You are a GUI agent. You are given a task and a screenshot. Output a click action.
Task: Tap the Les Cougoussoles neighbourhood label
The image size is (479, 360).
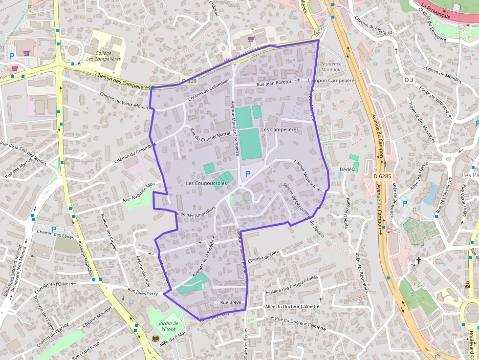tap(206, 183)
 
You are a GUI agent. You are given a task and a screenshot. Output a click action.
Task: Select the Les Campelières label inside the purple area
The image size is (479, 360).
tap(280, 129)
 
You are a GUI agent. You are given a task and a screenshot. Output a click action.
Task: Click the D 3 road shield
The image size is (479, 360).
tap(409, 79)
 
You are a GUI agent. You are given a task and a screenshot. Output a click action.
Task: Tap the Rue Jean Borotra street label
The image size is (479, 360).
tap(274, 83)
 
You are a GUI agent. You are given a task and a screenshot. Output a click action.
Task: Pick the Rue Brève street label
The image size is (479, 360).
tap(231, 303)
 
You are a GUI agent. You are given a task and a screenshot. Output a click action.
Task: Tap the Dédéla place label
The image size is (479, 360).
tap(348, 169)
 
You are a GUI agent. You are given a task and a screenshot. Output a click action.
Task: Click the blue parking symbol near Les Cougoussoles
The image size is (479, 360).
tap(248, 174)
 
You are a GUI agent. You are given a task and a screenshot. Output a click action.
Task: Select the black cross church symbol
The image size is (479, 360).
tap(418, 261)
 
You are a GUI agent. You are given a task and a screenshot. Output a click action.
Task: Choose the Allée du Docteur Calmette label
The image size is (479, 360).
tap(292, 307)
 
